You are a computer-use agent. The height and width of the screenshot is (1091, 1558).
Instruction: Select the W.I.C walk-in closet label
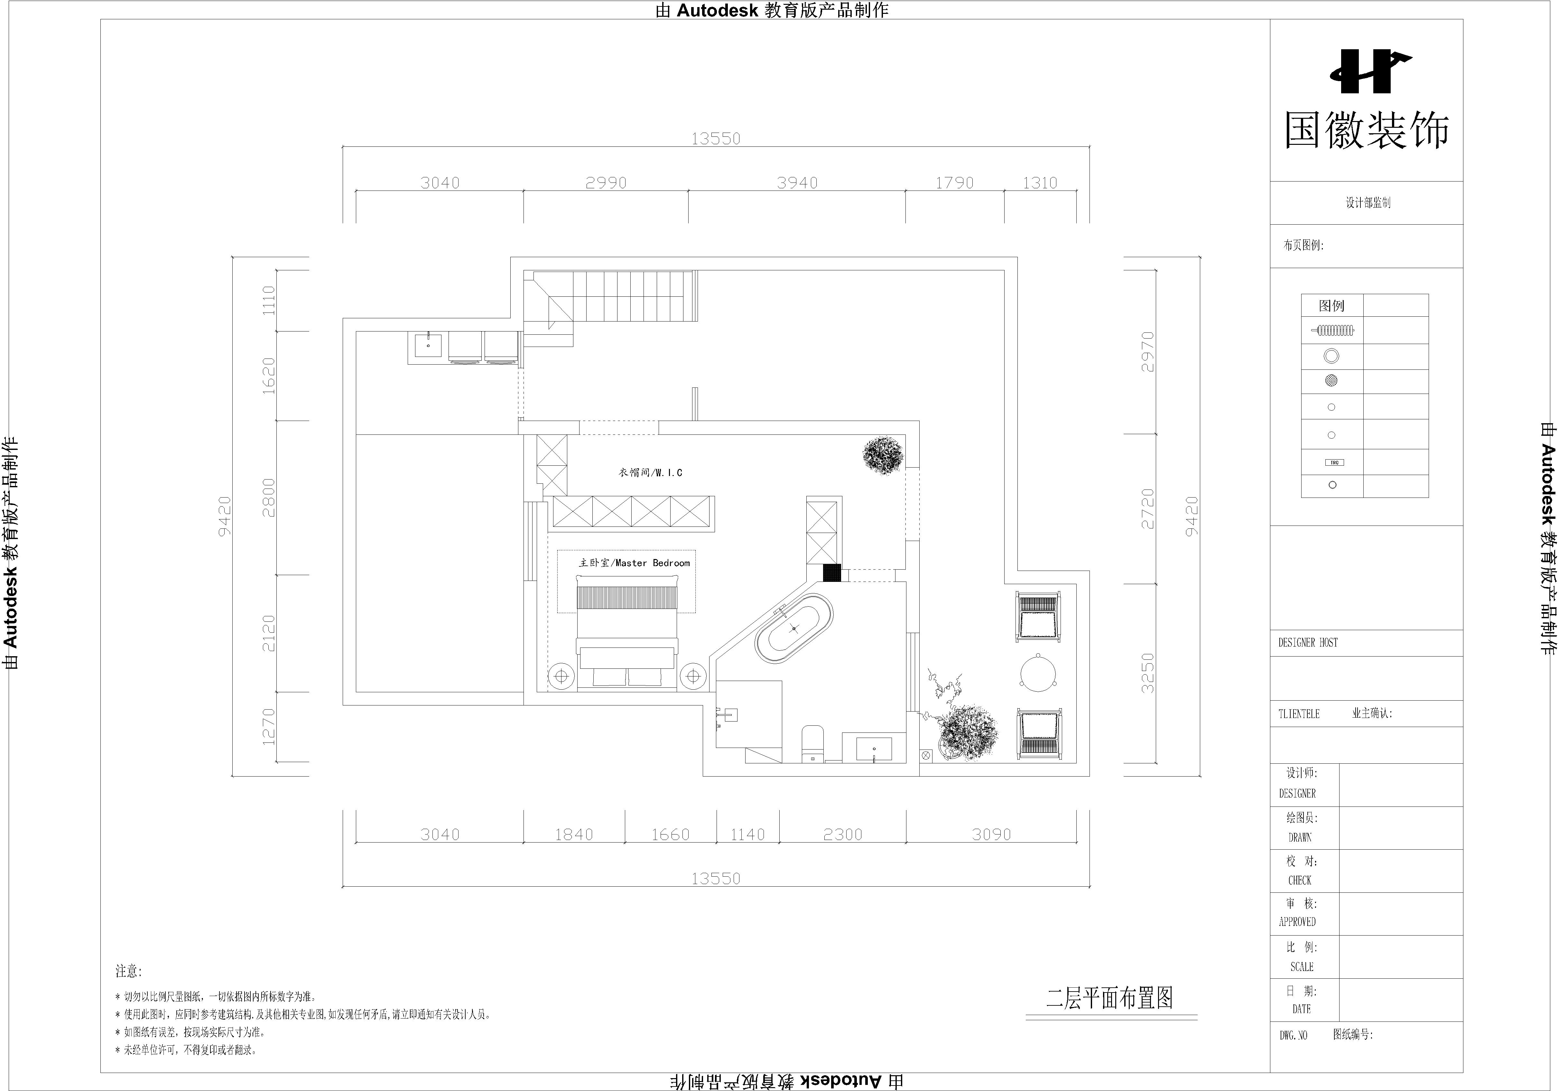(x=650, y=472)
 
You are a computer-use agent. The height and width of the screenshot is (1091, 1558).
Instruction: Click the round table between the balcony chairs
(x=1038, y=672)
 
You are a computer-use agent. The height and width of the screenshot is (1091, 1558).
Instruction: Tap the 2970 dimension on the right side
(x=1147, y=352)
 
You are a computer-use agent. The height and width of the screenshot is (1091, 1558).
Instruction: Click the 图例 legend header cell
(x=1331, y=305)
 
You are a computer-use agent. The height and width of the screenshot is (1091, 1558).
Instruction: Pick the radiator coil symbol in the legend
(x=1332, y=331)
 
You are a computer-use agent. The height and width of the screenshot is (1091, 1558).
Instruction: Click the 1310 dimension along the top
(x=1040, y=182)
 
